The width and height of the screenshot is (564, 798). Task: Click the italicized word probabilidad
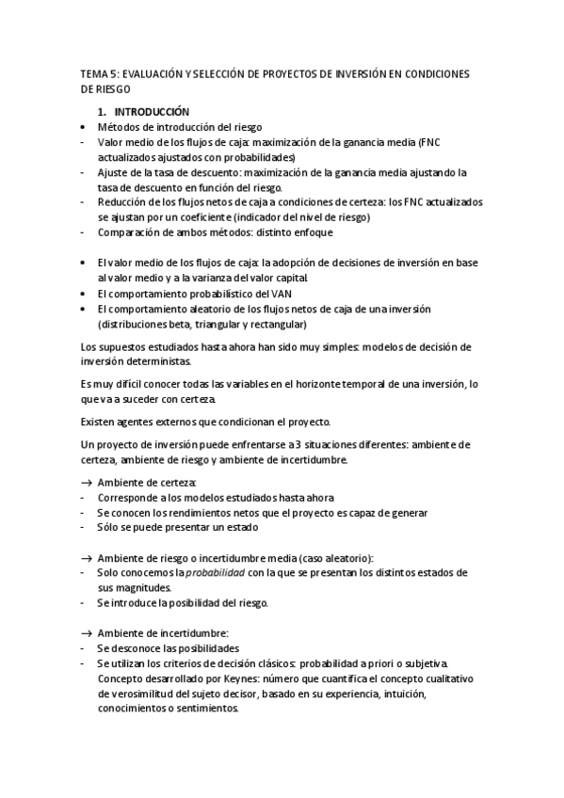coord(214,573)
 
